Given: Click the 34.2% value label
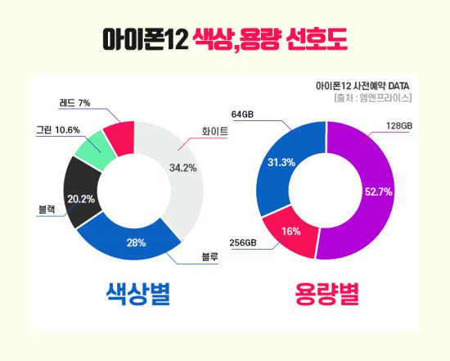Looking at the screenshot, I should [182, 168].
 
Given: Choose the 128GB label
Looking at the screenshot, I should [398, 125].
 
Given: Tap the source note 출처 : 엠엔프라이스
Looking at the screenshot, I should [372, 98].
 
